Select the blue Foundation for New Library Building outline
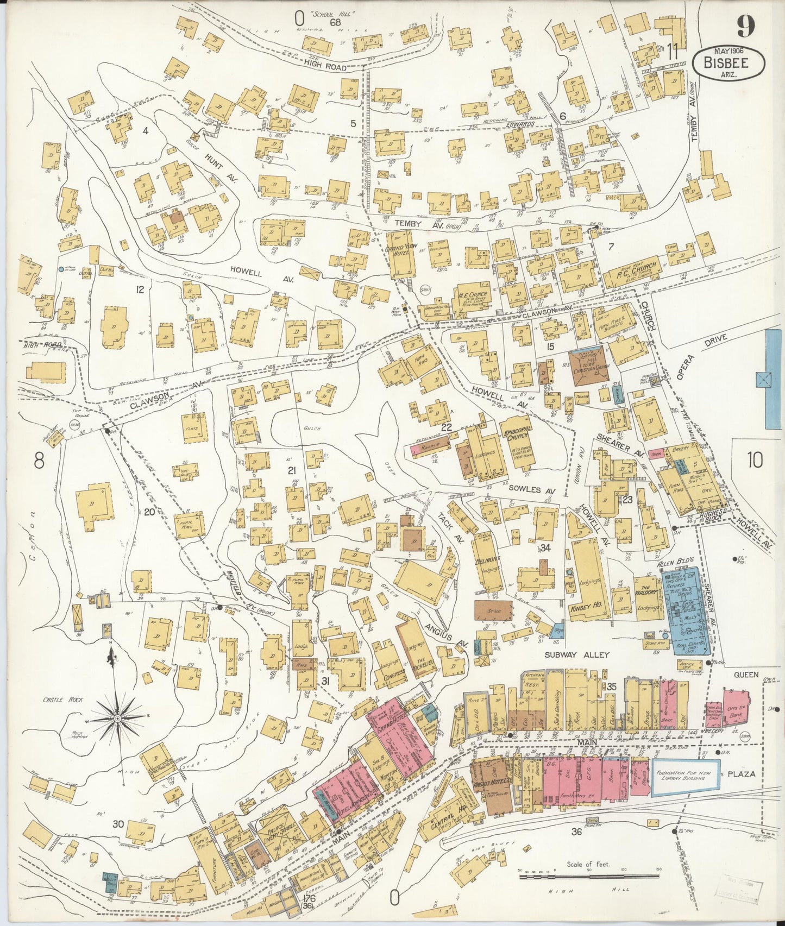click(x=686, y=778)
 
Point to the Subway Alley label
click(x=577, y=655)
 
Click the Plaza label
click(x=742, y=774)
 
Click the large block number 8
click(x=38, y=462)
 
